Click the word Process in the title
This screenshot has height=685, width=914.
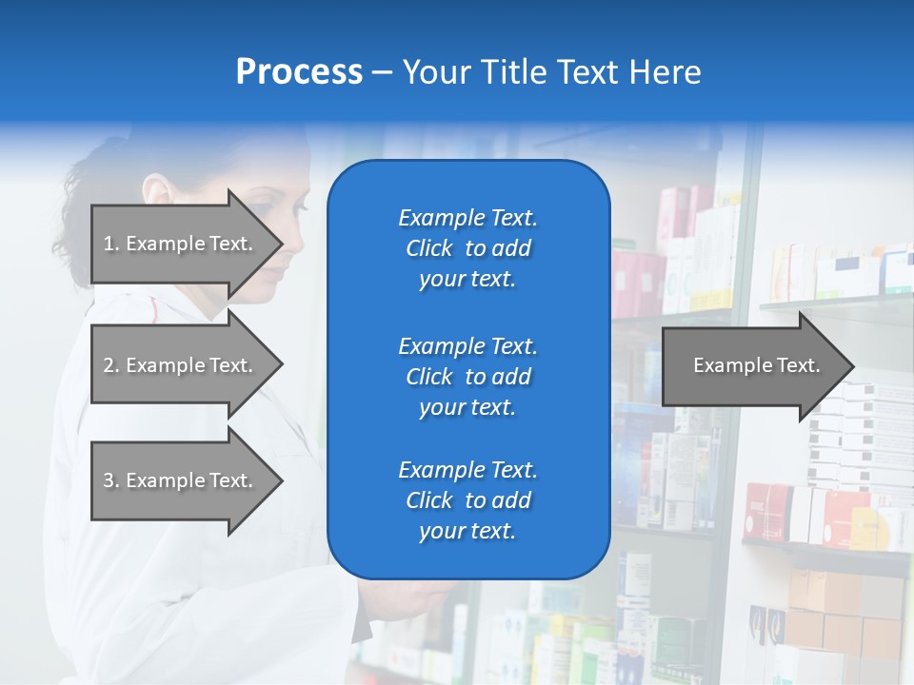(x=299, y=72)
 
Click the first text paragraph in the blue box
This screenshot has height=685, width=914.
(x=467, y=248)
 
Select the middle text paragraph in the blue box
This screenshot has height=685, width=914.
(x=467, y=377)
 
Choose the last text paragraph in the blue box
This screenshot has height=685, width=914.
(x=467, y=500)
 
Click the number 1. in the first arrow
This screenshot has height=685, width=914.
(x=110, y=244)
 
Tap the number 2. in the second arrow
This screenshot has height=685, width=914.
(x=110, y=365)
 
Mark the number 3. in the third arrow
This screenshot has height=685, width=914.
(x=110, y=480)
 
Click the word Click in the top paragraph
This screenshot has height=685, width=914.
(x=429, y=248)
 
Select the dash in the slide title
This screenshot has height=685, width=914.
(x=382, y=73)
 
